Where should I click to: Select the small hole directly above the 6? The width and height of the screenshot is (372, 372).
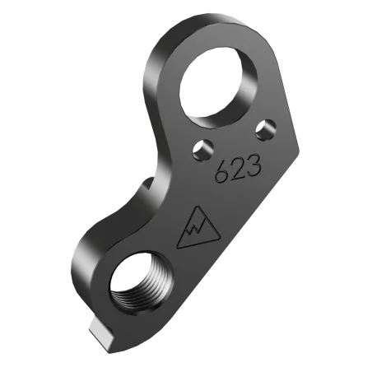[198, 148]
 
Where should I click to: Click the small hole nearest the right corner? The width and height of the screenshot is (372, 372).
[263, 128]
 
